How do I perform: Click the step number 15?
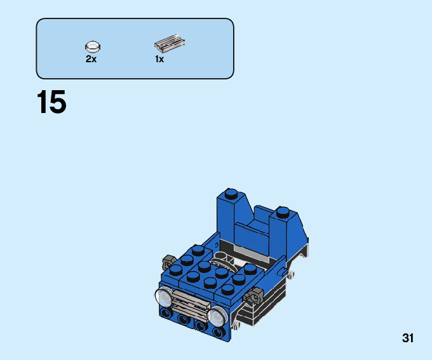(x=51, y=102)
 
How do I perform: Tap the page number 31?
(x=408, y=338)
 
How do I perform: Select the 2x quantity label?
(x=91, y=59)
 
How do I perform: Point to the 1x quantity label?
(x=159, y=59)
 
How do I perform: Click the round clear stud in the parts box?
(x=93, y=46)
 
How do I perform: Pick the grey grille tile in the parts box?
(x=170, y=44)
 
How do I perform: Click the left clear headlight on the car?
(x=164, y=297)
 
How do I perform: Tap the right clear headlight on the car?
(x=218, y=316)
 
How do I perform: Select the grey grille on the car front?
(x=191, y=305)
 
